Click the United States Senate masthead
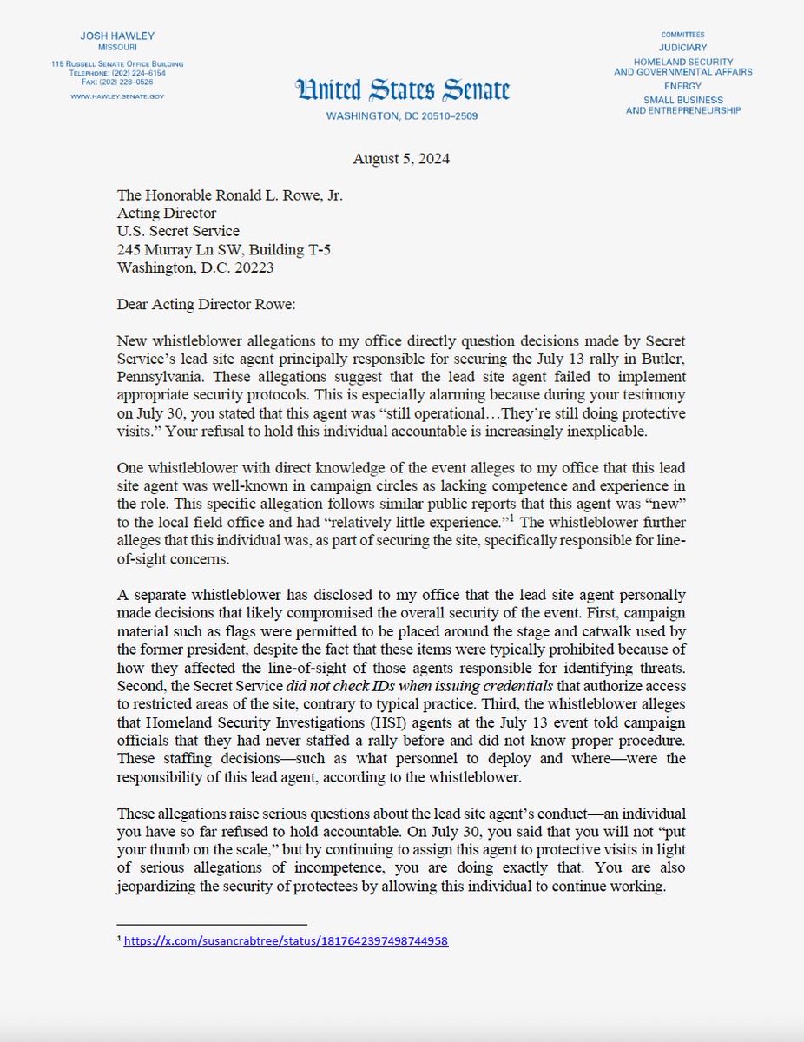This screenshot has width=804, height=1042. point(402,90)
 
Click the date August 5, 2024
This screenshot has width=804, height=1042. point(402,158)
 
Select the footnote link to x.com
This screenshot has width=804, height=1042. point(286,940)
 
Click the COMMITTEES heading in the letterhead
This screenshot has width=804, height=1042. point(682,34)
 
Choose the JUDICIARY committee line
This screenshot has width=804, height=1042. point(682,48)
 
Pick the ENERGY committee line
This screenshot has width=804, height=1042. point(682,86)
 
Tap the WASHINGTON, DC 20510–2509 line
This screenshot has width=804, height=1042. point(402,116)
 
